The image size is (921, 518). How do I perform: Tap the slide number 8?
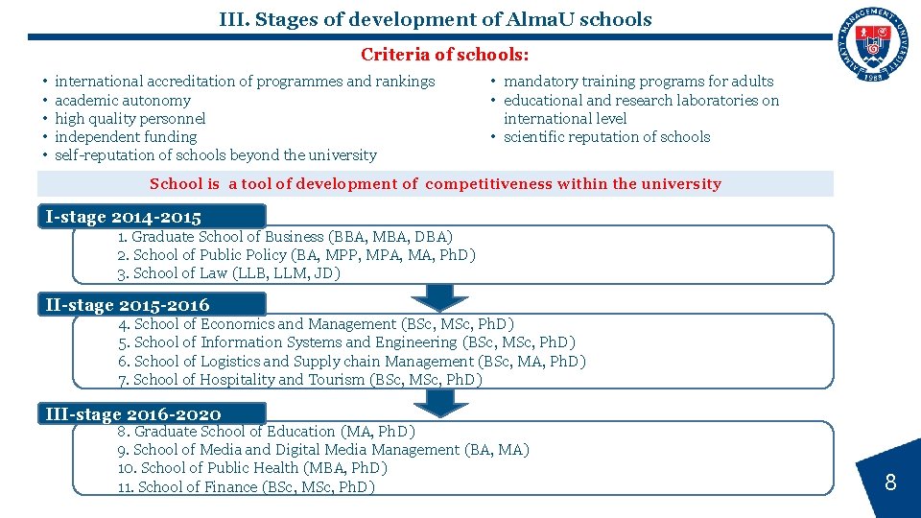click(x=889, y=483)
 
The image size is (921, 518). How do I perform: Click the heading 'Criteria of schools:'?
click(x=444, y=56)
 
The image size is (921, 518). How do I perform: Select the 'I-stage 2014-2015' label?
click(x=124, y=217)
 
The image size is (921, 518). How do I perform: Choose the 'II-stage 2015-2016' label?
click(x=128, y=305)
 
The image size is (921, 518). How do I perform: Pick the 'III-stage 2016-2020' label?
click(x=133, y=413)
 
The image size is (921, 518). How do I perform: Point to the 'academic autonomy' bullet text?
click(x=123, y=100)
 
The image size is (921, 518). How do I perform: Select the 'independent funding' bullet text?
click(x=126, y=136)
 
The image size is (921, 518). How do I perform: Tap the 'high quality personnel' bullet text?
click(x=130, y=118)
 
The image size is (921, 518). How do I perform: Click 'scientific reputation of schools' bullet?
click(x=606, y=136)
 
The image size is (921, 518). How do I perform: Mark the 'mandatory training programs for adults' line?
click(x=638, y=82)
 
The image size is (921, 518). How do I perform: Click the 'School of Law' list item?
click(x=229, y=273)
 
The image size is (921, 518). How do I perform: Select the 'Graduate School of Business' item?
click(x=286, y=237)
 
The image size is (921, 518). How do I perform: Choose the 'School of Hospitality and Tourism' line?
click(x=300, y=380)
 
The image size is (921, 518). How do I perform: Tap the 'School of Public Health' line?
click(x=252, y=468)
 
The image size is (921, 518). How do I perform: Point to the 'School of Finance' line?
click(x=247, y=487)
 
